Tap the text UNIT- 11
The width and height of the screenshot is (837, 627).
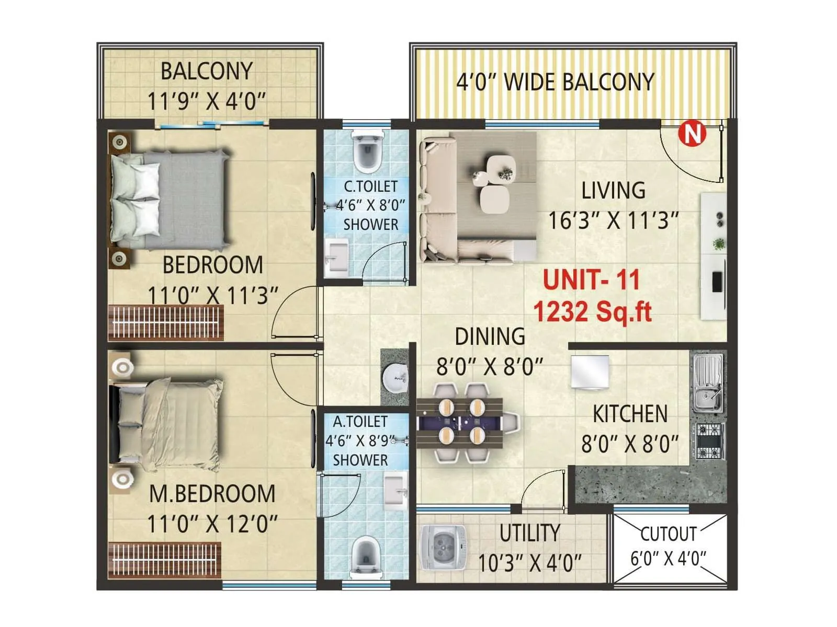click(x=591, y=280)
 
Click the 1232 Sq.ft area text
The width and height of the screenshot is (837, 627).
click(x=592, y=312)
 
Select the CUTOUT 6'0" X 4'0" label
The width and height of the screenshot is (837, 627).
click(x=668, y=546)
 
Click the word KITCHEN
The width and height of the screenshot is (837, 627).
click(x=630, y=414)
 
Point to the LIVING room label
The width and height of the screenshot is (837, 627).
click(x=613, y=191)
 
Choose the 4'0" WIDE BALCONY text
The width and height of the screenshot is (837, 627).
click(x=555, y=82)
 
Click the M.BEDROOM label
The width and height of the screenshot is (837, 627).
click(x=212, y=494)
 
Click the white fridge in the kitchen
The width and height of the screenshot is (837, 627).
click(x=590, y=372)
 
